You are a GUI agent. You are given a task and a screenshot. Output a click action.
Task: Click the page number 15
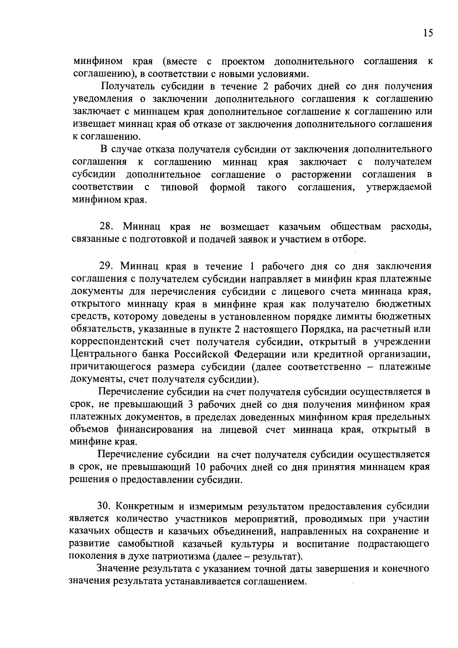click(428, 33)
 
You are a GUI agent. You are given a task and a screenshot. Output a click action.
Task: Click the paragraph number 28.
click(106, 227)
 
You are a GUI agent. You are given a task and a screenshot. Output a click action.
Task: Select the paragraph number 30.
click(105, 506)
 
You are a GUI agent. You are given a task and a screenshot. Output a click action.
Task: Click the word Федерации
click(260, 354)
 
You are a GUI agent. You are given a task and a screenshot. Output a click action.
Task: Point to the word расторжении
click(321, 175)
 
